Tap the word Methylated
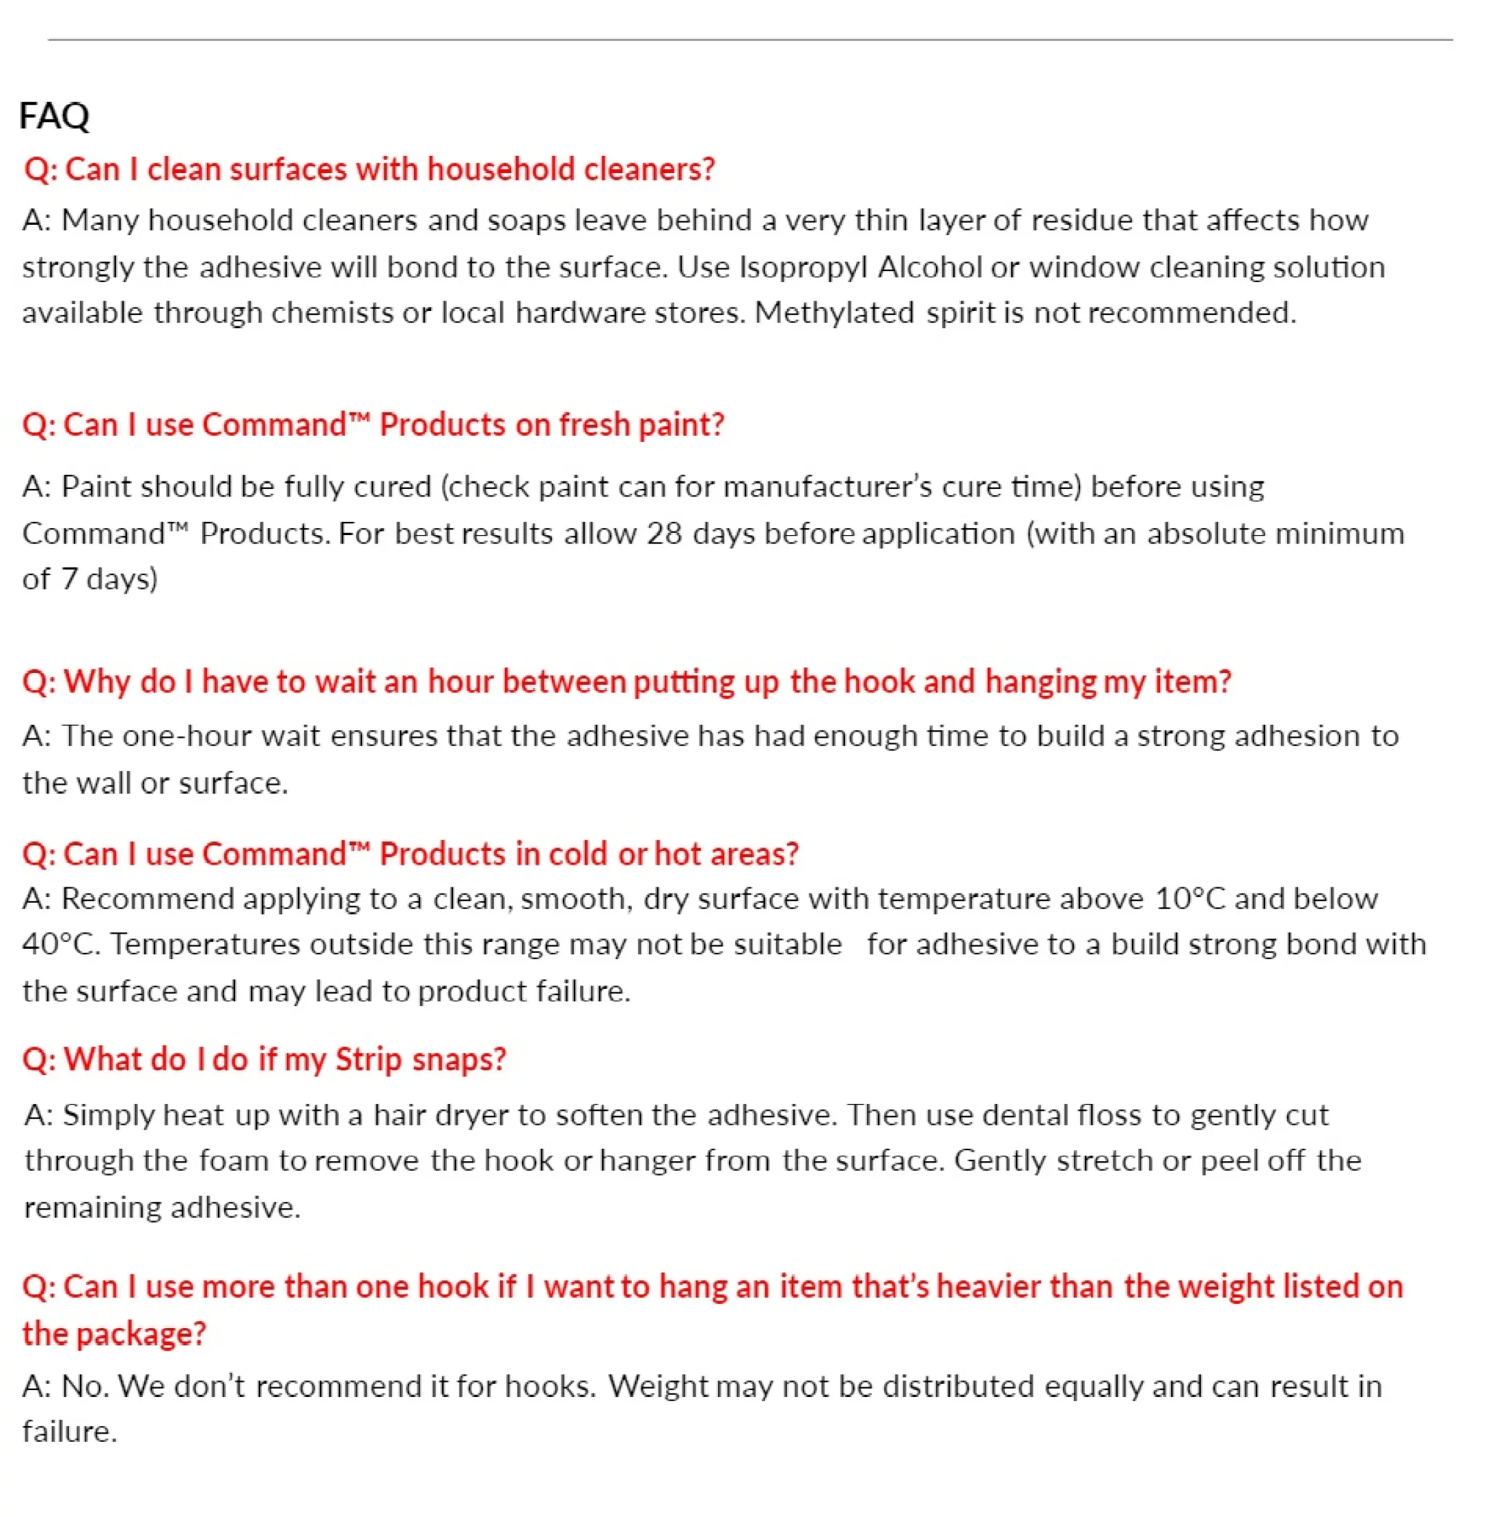tap(834, 313)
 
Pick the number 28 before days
tap(664, 534)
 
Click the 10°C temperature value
tap(1189, 898)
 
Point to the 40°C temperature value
tap(61, 945)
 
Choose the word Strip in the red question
tap(368, 1059)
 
